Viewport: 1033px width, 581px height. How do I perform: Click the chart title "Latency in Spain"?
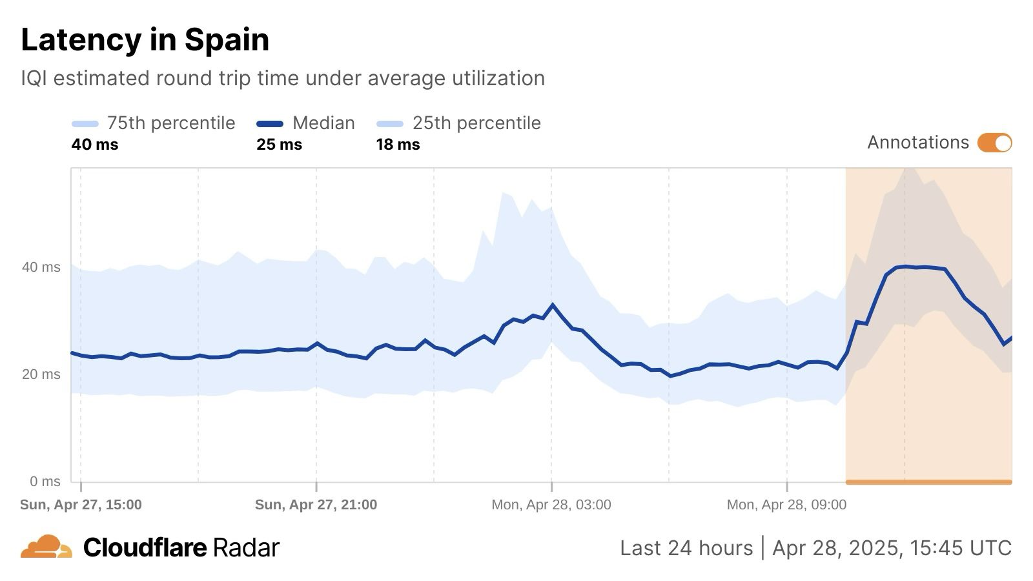point(145,40)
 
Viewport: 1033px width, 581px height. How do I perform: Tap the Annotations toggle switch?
point(994,143)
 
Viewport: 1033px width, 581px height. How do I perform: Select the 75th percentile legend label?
point(170,123)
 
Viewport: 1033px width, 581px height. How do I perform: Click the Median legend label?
point(323,123)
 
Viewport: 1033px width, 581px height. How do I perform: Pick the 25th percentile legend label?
point(476,123)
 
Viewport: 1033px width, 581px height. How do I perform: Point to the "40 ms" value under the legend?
point(95,145)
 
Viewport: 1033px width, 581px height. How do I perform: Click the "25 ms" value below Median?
point(279,145)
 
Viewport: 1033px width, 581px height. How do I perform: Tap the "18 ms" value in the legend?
point(398,145)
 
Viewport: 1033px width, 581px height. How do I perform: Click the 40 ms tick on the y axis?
point(41,267)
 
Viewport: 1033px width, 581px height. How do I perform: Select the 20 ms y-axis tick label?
point(41,374)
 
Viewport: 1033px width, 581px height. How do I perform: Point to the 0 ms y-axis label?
point(45,482)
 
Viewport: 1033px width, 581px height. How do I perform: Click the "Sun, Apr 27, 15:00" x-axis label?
point(81,505)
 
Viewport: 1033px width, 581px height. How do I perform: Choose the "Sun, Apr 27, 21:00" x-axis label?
point(316,505)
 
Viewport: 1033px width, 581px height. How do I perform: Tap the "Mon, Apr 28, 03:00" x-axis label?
point(551,505)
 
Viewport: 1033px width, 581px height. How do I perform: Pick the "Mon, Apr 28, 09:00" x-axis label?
point(786,505)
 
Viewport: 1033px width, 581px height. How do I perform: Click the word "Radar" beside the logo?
point(246,548)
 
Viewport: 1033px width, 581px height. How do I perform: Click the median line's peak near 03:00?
point(553,305)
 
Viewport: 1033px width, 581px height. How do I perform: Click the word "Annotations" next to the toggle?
point(917,143)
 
